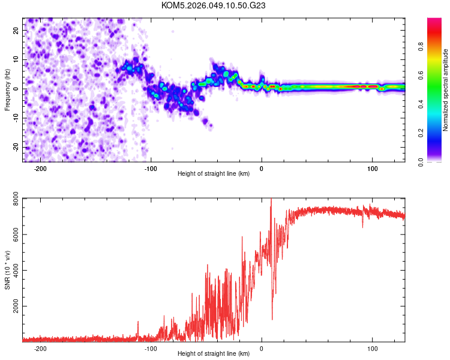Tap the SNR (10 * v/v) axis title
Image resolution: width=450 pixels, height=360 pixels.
click(x=8, y=269)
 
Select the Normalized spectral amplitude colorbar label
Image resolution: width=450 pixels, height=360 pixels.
click(x=446, y=90)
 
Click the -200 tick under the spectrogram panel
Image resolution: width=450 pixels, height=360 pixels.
click(x=40, y=169)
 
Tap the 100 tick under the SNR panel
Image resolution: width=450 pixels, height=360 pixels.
click(x=372, y=348)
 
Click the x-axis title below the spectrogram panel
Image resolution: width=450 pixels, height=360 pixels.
click(x=213, y=173)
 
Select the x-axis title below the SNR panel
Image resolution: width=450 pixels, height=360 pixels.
click(x=213, y=353)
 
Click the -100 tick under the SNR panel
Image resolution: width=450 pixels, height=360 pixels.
click(x=150, y=348)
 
